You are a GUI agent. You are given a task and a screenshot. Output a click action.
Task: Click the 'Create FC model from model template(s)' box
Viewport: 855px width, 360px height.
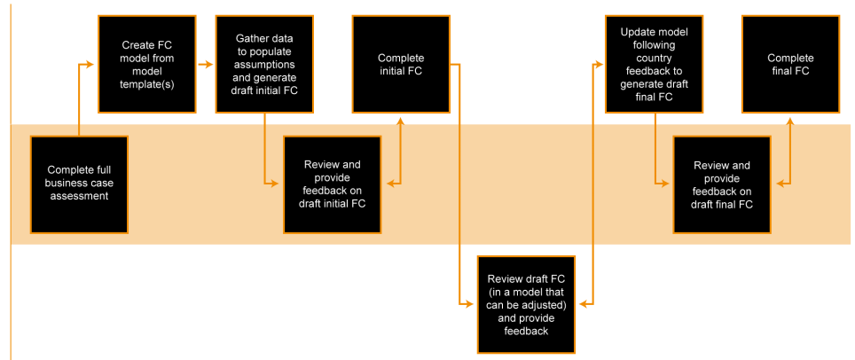point(146,64)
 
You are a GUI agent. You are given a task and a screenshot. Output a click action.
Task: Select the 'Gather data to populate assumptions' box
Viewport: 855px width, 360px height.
point(263,64)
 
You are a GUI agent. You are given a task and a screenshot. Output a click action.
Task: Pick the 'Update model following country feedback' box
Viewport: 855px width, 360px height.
point(654,64)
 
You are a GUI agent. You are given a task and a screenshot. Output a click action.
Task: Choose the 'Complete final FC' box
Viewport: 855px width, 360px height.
point(789,64)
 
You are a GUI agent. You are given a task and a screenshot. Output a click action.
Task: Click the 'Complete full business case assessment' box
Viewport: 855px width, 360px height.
point(79,184)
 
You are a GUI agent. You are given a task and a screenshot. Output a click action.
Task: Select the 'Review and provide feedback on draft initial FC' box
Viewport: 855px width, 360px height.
point(332,184)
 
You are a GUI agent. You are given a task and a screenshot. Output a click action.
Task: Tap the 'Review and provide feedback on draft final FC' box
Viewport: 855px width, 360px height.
point(721,184)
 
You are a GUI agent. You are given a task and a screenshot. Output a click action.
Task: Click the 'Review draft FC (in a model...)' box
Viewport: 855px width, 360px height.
point(526,305)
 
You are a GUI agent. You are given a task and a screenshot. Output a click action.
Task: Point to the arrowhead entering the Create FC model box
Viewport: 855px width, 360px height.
point(90,64)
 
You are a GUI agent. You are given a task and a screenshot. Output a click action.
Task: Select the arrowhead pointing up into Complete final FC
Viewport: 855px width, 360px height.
point(789,120)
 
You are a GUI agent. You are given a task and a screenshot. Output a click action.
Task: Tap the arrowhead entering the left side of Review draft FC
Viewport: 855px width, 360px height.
point(470,304)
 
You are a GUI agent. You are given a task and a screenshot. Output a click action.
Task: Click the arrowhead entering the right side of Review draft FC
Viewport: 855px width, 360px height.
point(583,304)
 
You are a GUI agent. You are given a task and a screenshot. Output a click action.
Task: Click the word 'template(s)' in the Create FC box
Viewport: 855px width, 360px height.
point(146,85)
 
